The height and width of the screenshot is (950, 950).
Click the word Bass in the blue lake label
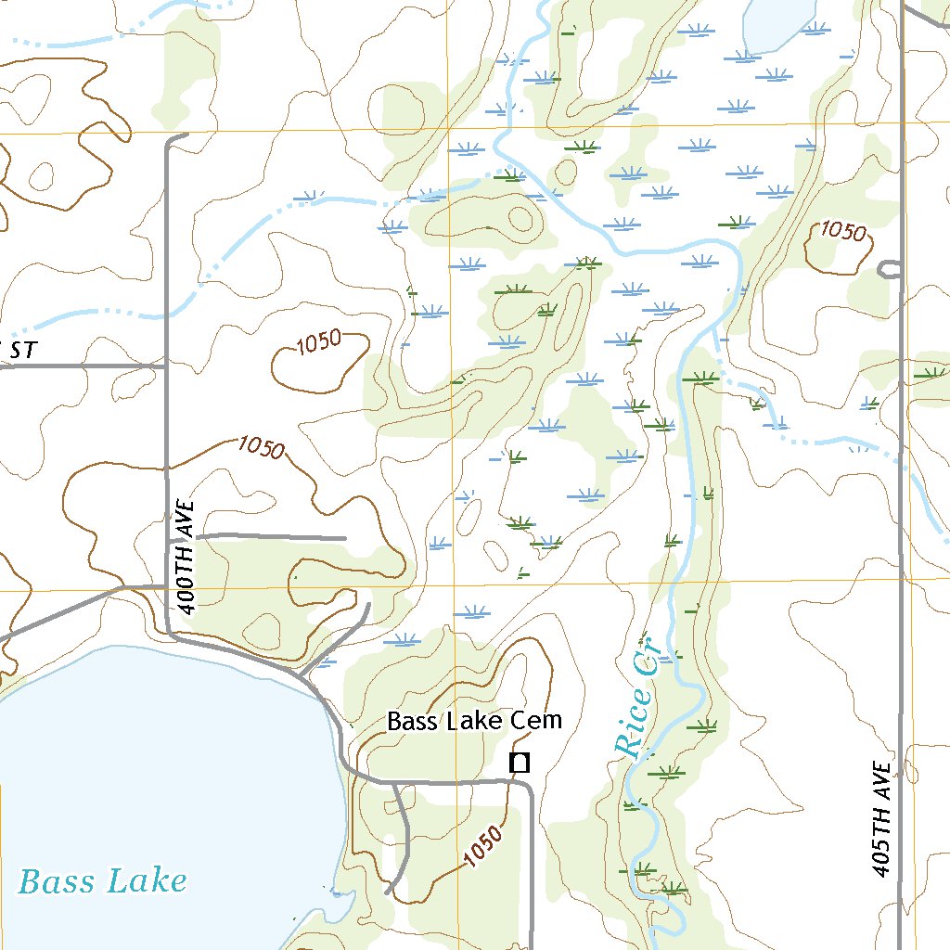[58, 880]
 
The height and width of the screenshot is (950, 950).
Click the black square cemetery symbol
[520, 763]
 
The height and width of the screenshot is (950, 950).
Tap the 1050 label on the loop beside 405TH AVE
[841, 232]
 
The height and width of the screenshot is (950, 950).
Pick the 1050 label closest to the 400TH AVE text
[260, 446]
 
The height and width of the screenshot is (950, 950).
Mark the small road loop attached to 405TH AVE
[889, 269]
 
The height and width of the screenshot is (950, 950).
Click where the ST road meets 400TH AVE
[166, 366]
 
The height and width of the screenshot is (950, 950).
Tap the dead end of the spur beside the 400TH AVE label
[345, 537]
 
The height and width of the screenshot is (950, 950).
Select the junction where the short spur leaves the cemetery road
[394, 783]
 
